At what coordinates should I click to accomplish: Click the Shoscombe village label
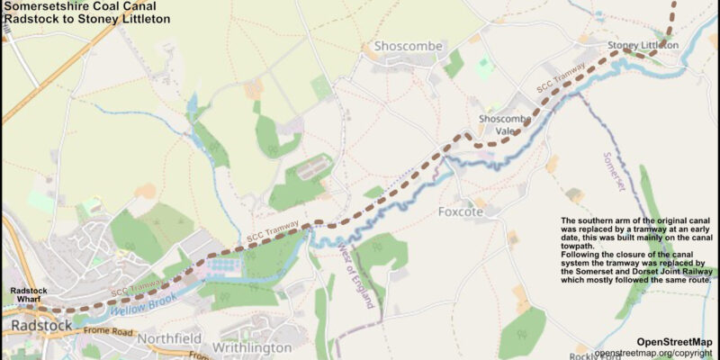pyautogui.click(x=404, y=46)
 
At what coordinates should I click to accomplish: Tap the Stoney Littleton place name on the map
pyautogui.click(x=643, y=45)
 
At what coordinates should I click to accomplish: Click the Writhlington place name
pyautogui.click(x=252, y=347)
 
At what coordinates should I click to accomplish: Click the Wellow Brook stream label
pyautogui.click(x=143, y=306)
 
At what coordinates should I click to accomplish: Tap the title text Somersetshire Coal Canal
pyautogui.click(x=74, y=6)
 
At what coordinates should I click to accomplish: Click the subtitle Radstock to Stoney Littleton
pyautogui.click(x=86, y=19)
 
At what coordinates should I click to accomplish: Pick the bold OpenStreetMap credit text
pyautogui.click(x=673, y=342)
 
